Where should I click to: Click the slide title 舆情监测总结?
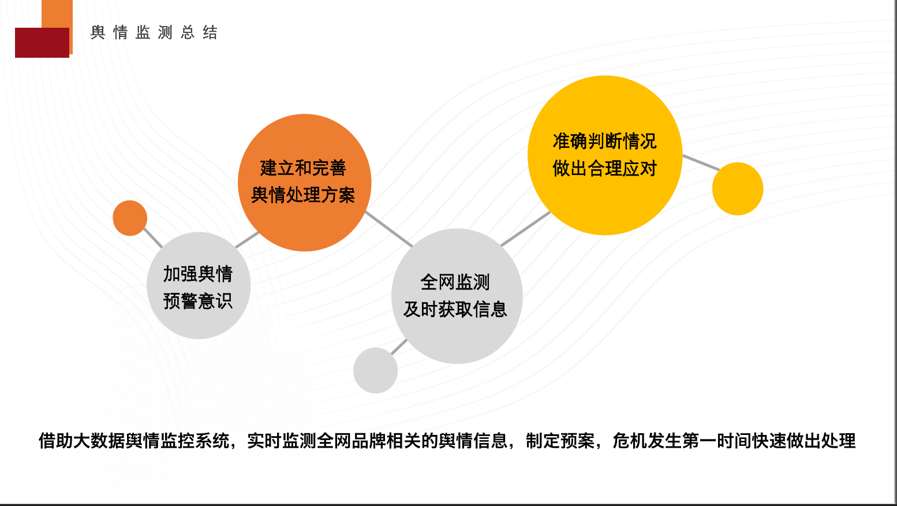pyautogui.click(x=154, y=32)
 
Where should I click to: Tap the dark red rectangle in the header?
pyautogui.click(x=42, y=43)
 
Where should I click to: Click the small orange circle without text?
pyautogui.click(x=130, y=218)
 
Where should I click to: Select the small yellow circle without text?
pyautogui.click(x=738, y=189)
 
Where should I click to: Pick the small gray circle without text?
pyautogui.click(x=375, y=370)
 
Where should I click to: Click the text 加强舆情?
pyautogui.click(x=198, y=274)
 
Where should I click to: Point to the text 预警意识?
pyautogui.click(x=198, y=301)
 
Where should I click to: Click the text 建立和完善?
pyautogui.click(x=303, y=168)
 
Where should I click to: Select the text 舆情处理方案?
pyautogui.click(x=303, y=195)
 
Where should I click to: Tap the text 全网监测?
pyautogui.click(x=455, y=282)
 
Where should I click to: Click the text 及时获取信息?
pyautogui.click(x=455, y=309)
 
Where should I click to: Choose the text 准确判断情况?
pyautogui.click(x=605, y=141)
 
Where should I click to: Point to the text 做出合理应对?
pyautogui.click(x=605, y=168)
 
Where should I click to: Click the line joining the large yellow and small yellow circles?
pyautogui.click(x=701, y=163)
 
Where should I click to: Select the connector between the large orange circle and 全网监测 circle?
pyautogui.click(x=388, y=229)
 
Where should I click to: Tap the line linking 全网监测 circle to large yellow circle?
pyautogui.click(x=526, y=228)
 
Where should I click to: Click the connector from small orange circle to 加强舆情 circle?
pyautogui.click(x=153, y=238)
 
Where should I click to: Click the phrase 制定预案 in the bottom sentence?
pyautogui.click(x=560, y=441)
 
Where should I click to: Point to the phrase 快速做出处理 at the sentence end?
pyautogui.click(x=803, y=441)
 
